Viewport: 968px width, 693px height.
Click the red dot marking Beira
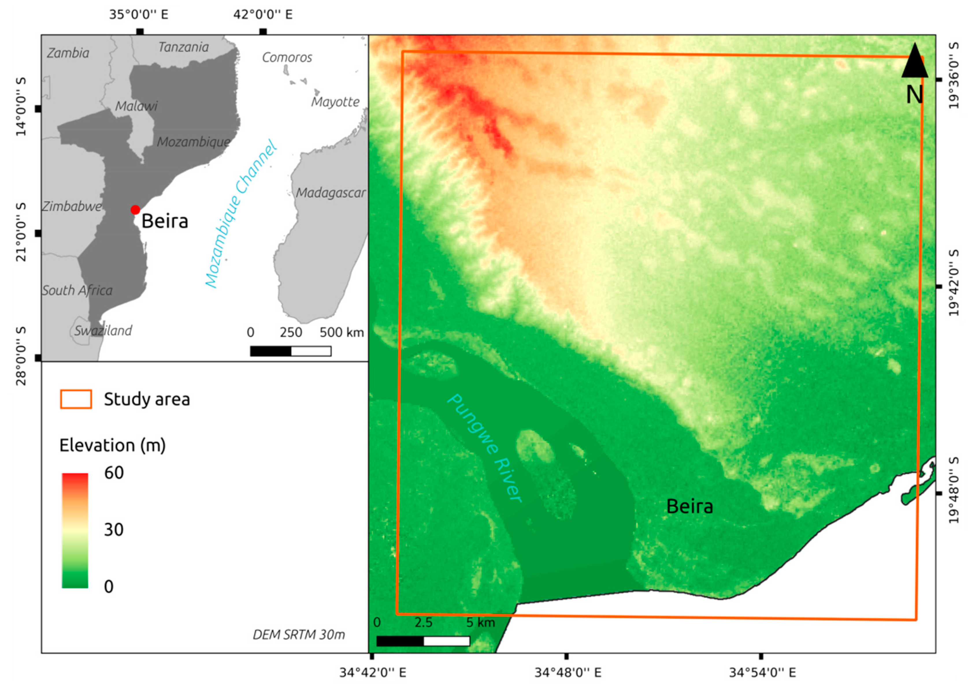tap(135, 210)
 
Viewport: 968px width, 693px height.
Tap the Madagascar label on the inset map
tap(331, 193)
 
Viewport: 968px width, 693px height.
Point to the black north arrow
tap(914, 62)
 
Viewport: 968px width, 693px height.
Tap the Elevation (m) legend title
tap(112, 445)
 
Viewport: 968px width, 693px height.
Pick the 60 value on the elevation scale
tap(114, 472)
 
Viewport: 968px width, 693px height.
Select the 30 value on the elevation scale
tap(114, 529)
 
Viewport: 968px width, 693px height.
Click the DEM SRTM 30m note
tap(299, 635)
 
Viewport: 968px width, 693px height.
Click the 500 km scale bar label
tap(342, 332)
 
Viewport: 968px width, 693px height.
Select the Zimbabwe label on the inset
tap(72, 206)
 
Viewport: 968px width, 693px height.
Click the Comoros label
tap(287, 57)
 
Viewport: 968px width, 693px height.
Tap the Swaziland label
tap(103, 331)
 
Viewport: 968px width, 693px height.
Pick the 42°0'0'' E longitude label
tap(263, 14)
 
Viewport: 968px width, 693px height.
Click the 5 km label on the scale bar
tap(480, 623)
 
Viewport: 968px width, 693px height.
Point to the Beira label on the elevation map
tap(689, 506)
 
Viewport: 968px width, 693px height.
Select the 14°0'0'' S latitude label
tap(21, 107)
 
